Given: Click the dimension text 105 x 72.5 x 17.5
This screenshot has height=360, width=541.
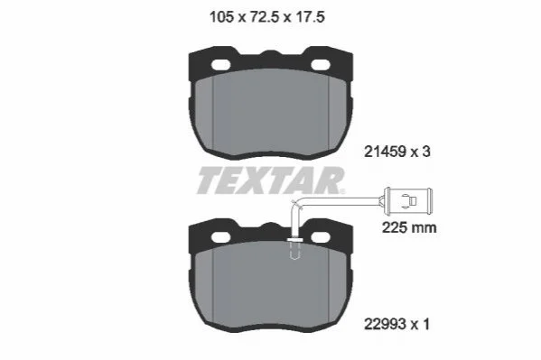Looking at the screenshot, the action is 267,17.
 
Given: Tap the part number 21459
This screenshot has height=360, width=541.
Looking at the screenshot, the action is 385,152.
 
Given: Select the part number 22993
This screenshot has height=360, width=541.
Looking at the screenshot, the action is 385,324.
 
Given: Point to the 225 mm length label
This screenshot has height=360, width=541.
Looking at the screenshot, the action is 409,227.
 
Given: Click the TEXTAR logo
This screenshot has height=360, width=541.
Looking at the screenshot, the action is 271,180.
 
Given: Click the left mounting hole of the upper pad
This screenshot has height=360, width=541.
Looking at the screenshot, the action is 220,65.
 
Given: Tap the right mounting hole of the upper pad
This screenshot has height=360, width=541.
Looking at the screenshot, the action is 321,65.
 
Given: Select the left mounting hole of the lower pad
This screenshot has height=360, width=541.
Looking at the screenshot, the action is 220,237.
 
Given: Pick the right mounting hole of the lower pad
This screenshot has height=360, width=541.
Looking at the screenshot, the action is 321,237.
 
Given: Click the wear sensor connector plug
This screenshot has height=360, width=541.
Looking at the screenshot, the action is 408,200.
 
